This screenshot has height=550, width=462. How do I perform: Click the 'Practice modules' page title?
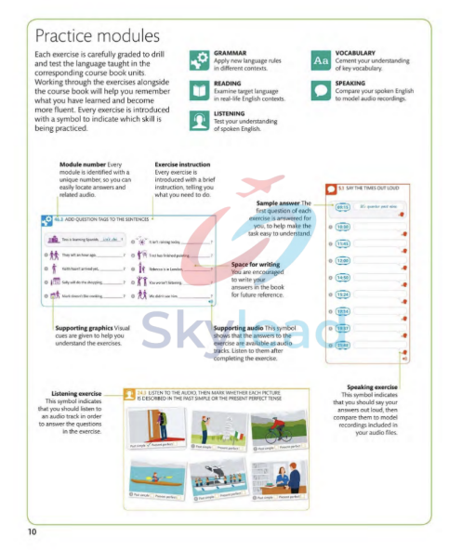(97, 36)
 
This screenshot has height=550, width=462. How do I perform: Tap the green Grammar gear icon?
(198, 59)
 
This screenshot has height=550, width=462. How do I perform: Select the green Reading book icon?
(198, 89)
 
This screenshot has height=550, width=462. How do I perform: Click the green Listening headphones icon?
(198, 120)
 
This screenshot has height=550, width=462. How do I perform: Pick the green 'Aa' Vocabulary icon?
(321, 59)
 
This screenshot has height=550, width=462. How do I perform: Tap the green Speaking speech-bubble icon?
(321, 89)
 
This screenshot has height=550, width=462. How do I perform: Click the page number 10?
(32, 531)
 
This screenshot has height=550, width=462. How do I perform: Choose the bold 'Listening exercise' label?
(63, 393)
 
